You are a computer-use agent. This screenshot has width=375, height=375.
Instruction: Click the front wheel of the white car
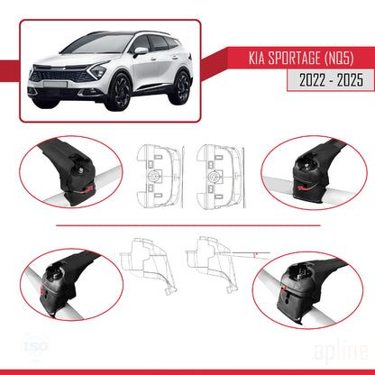(117, 93)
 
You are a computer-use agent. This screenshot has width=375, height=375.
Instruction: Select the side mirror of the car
(141, 51)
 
